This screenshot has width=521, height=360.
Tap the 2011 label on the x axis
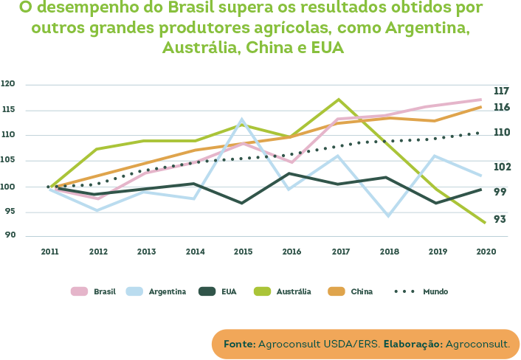tap(49, 252)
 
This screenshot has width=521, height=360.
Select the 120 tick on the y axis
tap(9, 84)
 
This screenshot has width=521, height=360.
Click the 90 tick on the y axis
tap(10, 236)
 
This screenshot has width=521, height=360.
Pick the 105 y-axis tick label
tap(9, 160)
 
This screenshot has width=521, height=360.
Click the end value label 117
tap(501, 91)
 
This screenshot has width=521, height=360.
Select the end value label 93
tap(500, 219)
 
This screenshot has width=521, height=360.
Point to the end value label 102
tap(502, 167)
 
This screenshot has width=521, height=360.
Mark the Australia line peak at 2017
tap(338, 99)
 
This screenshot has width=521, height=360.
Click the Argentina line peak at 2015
tap(242, 119)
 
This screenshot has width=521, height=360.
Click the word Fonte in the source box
tap(239, 344)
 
